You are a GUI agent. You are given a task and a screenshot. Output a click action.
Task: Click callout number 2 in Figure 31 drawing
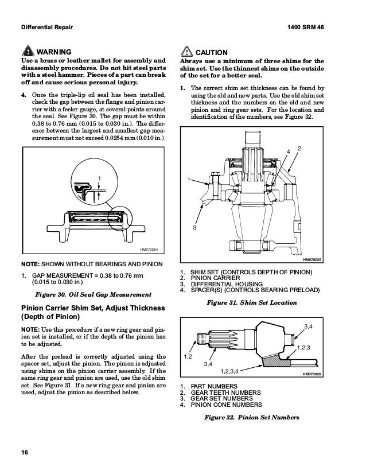click(x=300, y=149)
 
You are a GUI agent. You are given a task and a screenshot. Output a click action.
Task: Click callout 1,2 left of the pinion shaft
click(x=188, y=357)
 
